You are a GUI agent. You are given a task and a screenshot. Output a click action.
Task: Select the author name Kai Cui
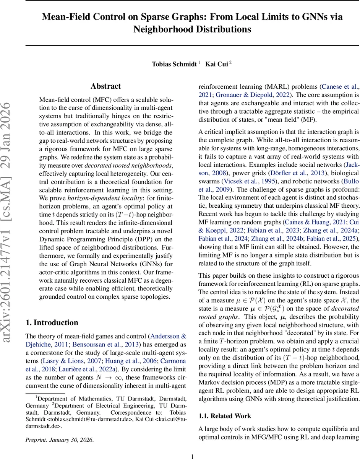(x=217, y=64)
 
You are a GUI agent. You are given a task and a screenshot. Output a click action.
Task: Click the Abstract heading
(x=106, y=86)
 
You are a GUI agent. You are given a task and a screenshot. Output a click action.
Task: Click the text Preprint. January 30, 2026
(x=59, y=440)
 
